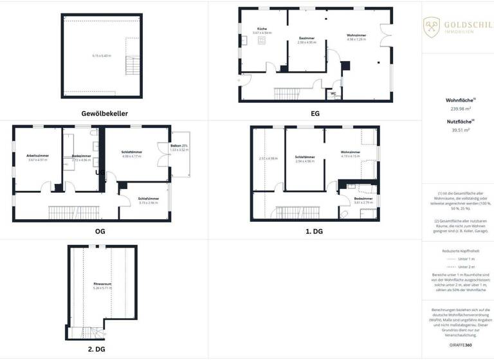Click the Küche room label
pos(262,29)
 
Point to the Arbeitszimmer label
pos(38,156)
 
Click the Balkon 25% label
pos(179,146)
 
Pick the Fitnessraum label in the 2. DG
pos(102,283)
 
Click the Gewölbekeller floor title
pos(104,114)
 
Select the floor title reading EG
pos(315,114)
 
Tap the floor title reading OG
pos(100,231)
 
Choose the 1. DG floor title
pos(315,231)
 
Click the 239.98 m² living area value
pos(458,109)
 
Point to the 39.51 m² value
pos(458,130)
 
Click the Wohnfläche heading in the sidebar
pos(457,100)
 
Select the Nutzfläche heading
pos(457,121)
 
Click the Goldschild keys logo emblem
pos(431,26)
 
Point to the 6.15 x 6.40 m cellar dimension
pos(101,56)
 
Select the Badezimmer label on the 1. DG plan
pos(363,199)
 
